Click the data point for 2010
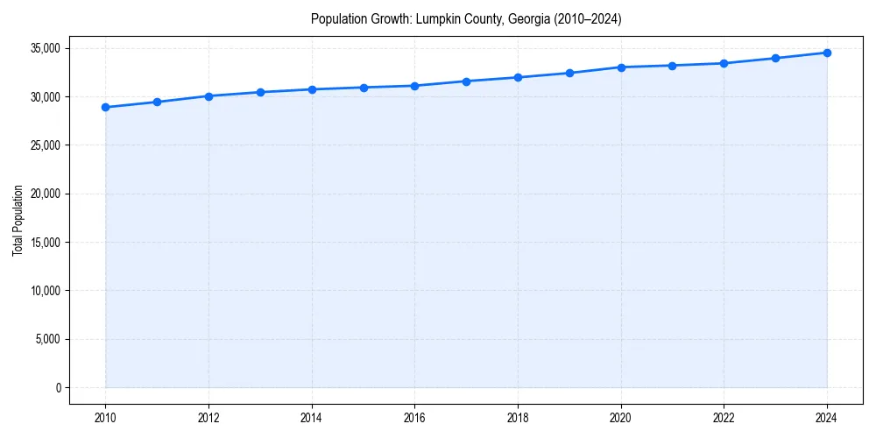coord(105,107)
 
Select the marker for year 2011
coord(157,102)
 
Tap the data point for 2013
coord(260,92)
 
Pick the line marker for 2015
coord(364,88)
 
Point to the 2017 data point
coord(466,81)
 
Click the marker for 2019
coord(569,73)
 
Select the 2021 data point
coord(672,66)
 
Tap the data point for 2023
coord(775,58)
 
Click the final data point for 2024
coord(827,53)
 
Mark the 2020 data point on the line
coord(621,67)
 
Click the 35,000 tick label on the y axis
coord(44,48)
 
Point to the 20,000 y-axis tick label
coord(44,194)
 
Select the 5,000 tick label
coord(47,339)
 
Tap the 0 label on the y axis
coord(57,387)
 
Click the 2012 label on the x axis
coord(208,418)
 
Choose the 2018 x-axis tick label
coord(518,418)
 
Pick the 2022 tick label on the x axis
coord(724,418)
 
